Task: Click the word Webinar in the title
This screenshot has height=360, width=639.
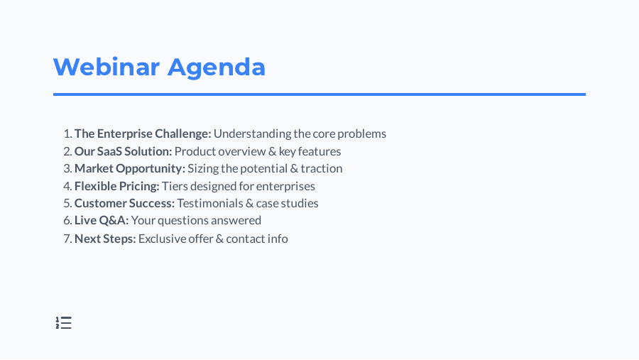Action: point(106,67)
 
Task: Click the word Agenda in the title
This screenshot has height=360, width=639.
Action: point(217,67)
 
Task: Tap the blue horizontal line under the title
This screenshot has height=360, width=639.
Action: point(319,94)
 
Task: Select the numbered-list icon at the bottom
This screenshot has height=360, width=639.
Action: point(64,323)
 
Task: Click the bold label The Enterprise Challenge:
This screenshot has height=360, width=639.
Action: point(143,133)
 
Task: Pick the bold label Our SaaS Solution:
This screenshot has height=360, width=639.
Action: point(123,151)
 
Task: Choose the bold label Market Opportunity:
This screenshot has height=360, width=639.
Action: point(129,168)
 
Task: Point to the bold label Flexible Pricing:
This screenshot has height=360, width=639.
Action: point(116,186)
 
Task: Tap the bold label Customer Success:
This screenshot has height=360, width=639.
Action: point(124,203)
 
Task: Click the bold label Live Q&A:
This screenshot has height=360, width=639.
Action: point(102,220)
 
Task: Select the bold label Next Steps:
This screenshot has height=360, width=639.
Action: point(105,239)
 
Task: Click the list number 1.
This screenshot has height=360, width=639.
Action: point(67,133)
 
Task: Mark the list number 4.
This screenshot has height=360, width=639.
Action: point(67,186)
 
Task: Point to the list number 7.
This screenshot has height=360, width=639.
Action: point(67,239)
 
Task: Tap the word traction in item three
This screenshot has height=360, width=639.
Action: point(322,168)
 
